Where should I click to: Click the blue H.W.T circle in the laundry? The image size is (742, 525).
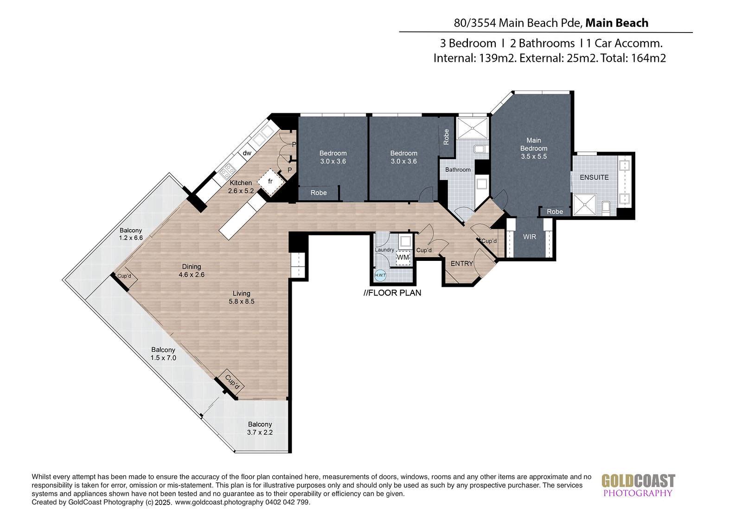pos(380,275)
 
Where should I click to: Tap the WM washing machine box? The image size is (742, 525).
pos(403,257)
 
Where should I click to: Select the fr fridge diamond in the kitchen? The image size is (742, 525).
pos(271,182)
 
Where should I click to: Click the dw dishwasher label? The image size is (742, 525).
pos(247,153)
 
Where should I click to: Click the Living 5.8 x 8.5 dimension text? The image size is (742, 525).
pos(242,301)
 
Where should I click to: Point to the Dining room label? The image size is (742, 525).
pos(192,266)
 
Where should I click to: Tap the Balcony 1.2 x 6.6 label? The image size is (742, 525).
pos(131,234)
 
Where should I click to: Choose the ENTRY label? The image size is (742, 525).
pos(462,264)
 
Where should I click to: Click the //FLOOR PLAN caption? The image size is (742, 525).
pos(392,293)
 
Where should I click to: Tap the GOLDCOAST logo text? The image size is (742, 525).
pos(638,481)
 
